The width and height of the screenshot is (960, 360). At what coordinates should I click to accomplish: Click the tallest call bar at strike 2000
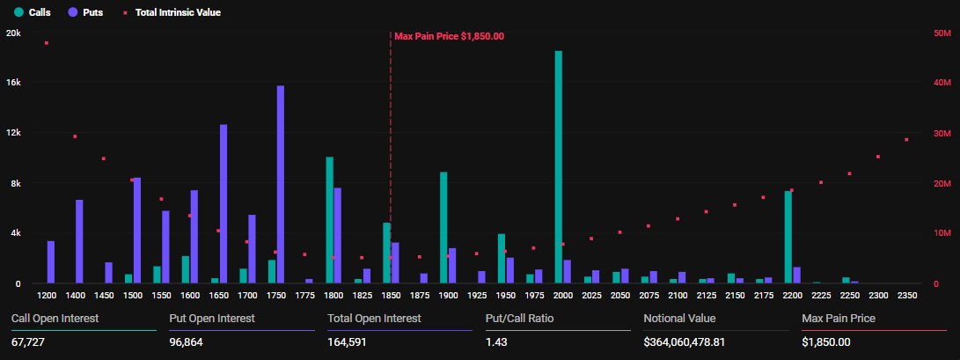(559, 167)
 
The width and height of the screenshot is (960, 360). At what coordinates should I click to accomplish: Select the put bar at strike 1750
(281, 185)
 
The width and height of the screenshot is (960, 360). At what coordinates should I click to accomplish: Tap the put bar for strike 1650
(224, 204)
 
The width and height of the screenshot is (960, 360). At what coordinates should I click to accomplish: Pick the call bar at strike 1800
(329, 220)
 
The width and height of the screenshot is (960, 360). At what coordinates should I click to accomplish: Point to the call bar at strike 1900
(443, 228)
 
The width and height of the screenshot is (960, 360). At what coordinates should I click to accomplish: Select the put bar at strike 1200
(51, 262)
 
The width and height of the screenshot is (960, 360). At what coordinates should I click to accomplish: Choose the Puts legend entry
(85, 13)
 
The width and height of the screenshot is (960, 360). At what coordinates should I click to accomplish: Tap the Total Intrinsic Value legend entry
(172, 13)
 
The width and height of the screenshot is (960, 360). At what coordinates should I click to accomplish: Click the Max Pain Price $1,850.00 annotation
(449, 36)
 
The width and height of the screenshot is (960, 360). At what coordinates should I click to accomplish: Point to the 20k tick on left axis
(13, 33)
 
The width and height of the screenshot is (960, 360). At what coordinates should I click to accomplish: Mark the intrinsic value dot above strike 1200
(47, 43)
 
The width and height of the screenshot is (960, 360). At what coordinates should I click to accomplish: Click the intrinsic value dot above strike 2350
(906, 140)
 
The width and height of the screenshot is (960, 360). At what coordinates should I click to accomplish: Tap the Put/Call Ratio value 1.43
(495, 342)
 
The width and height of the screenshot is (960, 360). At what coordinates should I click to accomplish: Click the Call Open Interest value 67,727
(27, 342)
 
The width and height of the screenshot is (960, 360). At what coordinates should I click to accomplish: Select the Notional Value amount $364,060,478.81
(684, 342)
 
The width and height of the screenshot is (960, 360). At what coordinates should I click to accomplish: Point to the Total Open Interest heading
(374, 318)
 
